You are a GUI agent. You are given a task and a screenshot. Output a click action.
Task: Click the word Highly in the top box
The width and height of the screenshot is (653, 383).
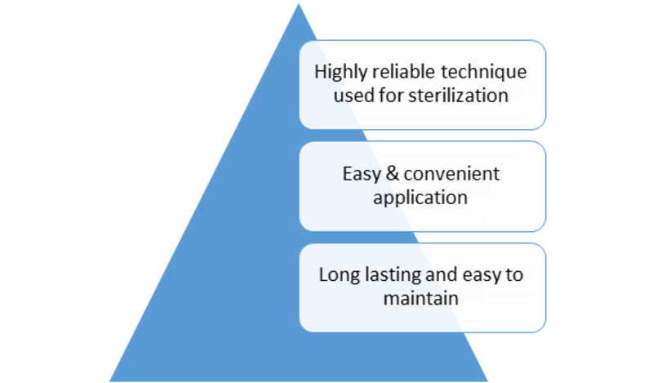(x=341, y=73)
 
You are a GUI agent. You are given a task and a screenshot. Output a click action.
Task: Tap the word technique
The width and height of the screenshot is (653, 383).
(x=483, y=73)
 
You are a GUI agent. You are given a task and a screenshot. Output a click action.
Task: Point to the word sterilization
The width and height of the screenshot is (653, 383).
(x=458, y=96)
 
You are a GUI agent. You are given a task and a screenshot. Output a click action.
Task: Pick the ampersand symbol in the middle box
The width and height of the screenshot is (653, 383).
(x=393, y=173)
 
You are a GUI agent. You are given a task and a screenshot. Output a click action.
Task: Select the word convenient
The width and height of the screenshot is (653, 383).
(x=451, y=174)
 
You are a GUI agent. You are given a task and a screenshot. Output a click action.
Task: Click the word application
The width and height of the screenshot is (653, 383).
(x=420, y=198)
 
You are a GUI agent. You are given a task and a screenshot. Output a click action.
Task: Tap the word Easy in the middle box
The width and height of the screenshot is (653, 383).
(x=362, y=174)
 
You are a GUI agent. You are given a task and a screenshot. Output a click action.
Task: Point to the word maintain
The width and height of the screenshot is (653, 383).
(x=420, y=298)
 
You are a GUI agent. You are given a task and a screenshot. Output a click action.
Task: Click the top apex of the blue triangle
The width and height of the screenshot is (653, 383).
(x=298, y=4)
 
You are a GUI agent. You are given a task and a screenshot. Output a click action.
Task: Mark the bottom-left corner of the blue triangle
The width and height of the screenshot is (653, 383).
(x=110, y=381)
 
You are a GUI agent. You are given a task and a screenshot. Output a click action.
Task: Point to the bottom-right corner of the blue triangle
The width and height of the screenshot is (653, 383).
(x=487, y=381)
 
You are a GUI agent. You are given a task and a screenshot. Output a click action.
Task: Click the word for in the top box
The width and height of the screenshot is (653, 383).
(x=391, y=96)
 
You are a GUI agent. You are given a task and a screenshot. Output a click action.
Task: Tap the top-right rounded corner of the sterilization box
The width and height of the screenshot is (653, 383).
(x=540, y=46)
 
